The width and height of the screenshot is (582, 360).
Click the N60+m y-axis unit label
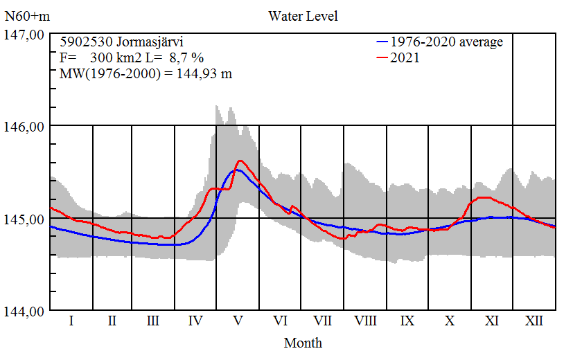click(x=25, y=16)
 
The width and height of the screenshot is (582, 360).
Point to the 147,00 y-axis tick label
click(x=25, y=34)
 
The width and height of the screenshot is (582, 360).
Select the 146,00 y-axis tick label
click(x=25, y=126)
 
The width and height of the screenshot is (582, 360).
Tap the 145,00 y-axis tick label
click(x=25, y=219)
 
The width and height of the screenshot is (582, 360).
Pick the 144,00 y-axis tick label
click(x=25, y=311)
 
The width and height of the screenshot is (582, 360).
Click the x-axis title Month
click(x=303, y=343)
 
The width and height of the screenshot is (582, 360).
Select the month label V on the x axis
click(x=238, y=321)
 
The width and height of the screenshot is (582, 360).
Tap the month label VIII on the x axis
click(x=365, y=321)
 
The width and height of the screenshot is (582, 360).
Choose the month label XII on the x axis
click(x=533, y=321)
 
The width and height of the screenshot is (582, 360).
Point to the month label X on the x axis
click(x=450, y=321)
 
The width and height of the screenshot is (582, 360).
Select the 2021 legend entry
click(x=405, y=58)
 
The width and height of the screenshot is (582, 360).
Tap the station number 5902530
click(x=85, y=42)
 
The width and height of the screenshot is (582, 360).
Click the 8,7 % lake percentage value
click(x=186, y=58)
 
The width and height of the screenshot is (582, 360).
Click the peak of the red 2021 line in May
click(x=240, y=161)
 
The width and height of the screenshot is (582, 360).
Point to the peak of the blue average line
click(x=236, y=170)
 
